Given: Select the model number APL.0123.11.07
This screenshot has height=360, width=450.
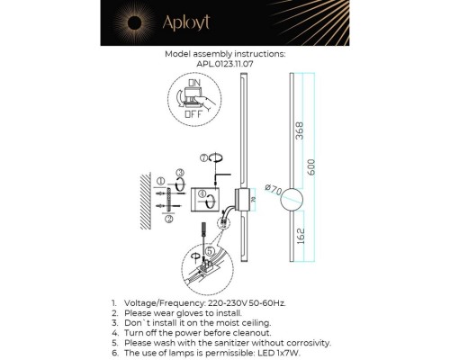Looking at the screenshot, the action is point(225,65).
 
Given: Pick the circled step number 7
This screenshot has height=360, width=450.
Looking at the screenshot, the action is point(205,158).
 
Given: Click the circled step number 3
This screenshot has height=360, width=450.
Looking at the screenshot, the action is point(180,173).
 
